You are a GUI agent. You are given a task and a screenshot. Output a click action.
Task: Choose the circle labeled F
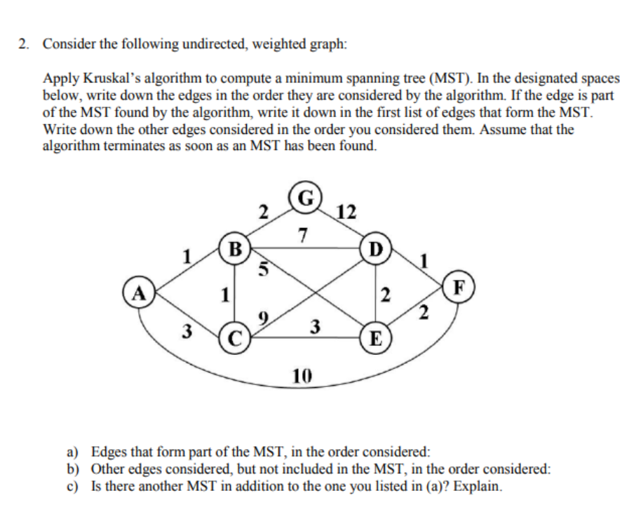click(x=459, y=287)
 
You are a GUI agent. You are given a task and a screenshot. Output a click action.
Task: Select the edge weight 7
click(x=302, y=234)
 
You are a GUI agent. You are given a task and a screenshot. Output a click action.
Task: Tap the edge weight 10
click(x=302, y=378)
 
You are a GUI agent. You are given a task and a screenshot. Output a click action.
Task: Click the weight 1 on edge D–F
click(x=424, y=259)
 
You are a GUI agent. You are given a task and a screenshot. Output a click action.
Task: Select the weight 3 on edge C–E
click(x=316, y=326)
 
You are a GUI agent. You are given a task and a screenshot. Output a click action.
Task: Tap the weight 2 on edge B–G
click(x=262, y=211)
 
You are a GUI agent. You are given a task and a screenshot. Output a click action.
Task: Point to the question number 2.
click(x=23, y=43)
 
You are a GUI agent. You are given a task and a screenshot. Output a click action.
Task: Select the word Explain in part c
click(x=480, y=486)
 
